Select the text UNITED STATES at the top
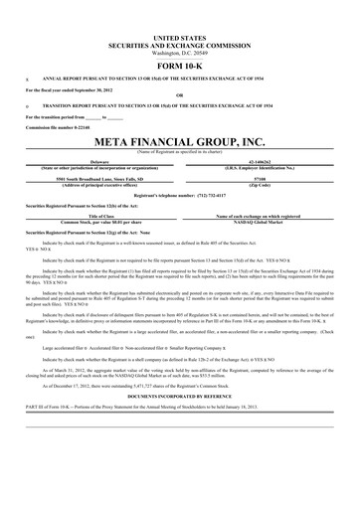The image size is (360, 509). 180,36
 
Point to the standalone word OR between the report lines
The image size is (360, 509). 180,95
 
